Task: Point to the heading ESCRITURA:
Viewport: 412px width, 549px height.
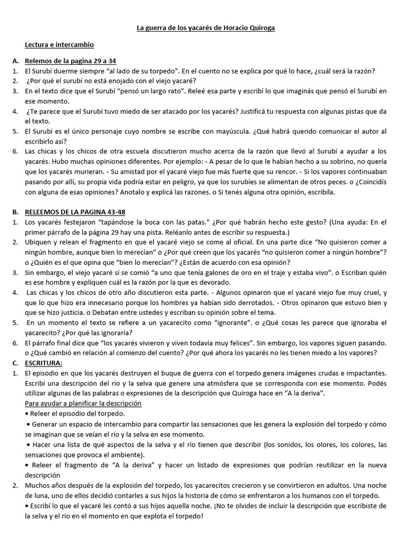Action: [x=43, y=363]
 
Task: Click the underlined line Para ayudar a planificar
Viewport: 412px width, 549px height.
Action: [x=83, y=403]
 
